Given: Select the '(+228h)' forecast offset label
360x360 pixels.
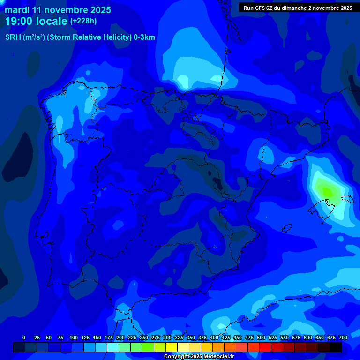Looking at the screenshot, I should point(83,21).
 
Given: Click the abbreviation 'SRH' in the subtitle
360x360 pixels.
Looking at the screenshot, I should point(13,37).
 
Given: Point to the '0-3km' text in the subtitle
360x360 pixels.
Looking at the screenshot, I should point(144,37).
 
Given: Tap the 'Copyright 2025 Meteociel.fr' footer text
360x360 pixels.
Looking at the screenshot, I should point(198,356).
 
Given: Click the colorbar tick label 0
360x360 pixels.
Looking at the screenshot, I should point(24,337).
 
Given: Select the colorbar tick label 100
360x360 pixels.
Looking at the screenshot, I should point(74,337).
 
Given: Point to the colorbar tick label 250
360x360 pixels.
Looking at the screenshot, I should point(144,337).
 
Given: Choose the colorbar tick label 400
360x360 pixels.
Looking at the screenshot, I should point(214,337).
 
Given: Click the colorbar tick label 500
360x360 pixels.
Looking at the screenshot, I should point(261,337).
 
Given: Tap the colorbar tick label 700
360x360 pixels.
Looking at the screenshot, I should point(343,337).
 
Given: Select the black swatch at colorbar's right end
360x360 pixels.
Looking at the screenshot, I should point(336,347).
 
